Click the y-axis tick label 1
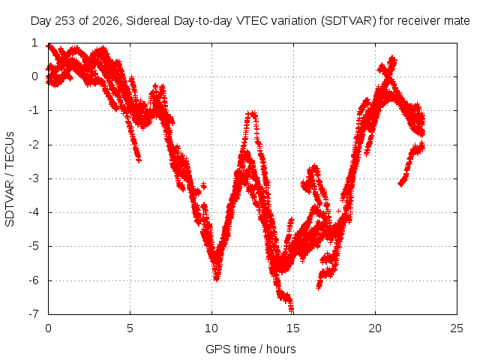(x=34, y=43)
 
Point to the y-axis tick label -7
(x=34, y=314)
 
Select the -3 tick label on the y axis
(x=34, y=178)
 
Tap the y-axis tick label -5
(x=34, y=246)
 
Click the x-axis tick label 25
(x=457, y=328)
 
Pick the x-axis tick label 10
(x=211, y=328)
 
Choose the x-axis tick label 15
(x=293, y=328)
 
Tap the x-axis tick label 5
(x=130, y=328)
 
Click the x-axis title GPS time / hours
(x=250, y=349)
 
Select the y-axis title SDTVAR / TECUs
(x=10, y=179)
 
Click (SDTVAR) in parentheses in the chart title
(x=348, y=21)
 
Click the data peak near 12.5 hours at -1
(x=252, y=114)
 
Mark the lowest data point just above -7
(x=291, y=310)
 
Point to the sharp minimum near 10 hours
(x=217, y=278)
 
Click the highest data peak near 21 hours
(x=392, y=58)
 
